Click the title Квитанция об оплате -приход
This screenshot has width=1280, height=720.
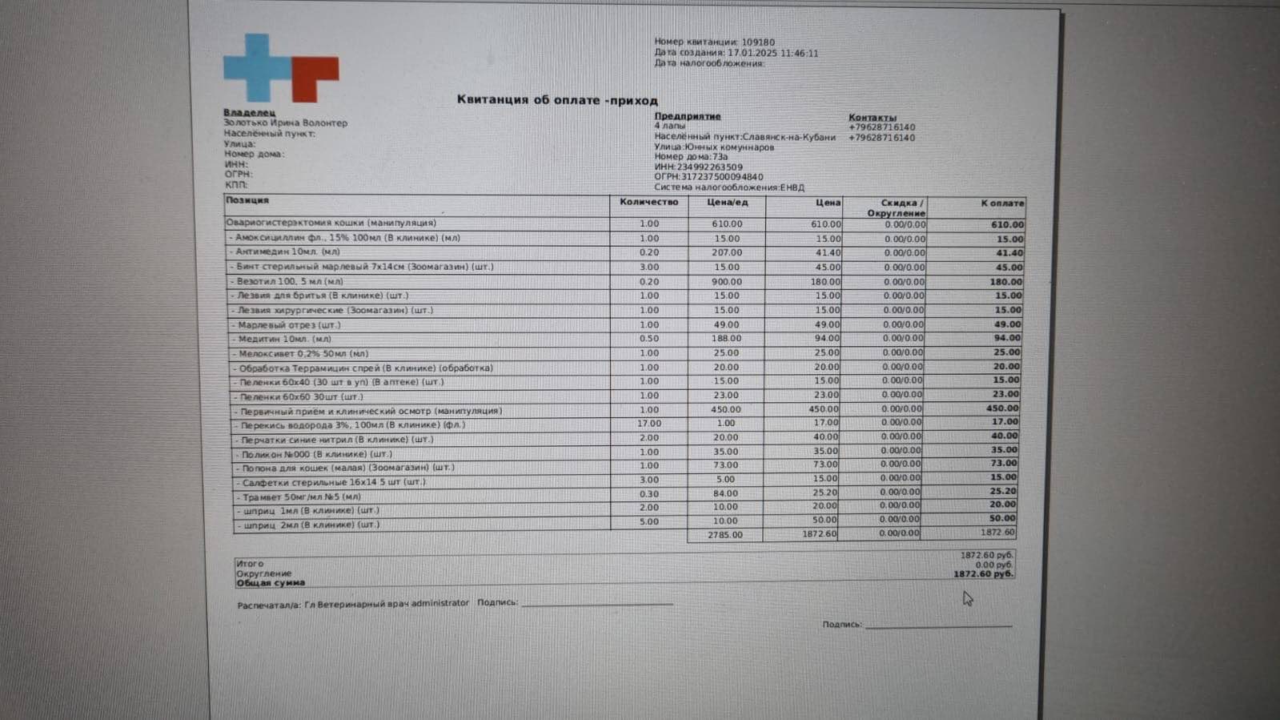(557, 100)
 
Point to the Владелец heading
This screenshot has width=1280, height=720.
(249, 113)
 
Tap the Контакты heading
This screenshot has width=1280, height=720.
(872, 117)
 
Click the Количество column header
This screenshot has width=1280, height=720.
(648, 202)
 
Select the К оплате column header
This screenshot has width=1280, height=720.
(1002, 203)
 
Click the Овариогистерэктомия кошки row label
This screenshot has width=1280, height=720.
(331, 223)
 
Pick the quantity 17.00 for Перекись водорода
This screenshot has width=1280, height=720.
(648, 424)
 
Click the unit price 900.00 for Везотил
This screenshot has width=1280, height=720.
(727, 282)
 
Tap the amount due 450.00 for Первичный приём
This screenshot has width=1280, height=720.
(1001, 408)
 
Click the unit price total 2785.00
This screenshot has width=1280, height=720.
(724, 534)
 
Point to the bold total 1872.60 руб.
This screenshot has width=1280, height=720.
(983, 574)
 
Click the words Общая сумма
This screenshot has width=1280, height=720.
(271, 583)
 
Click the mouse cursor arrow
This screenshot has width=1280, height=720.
(967, 598)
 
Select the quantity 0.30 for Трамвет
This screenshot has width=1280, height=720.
(648, 494)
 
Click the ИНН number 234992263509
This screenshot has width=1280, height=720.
(710, 167)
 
